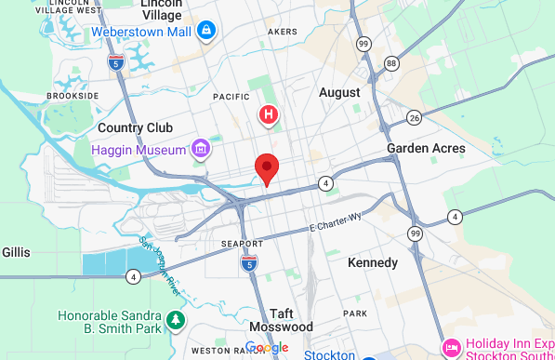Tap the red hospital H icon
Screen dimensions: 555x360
[x=269, y=115]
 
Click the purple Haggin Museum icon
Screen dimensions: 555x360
[x=199, y=148]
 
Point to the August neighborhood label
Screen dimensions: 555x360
[x=339, y=92]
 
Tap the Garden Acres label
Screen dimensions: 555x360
[x=426, y=148]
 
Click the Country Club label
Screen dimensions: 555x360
[x=132, y=127]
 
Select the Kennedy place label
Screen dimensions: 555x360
[x=372, y=263]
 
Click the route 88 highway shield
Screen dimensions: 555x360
[x=391, y=63]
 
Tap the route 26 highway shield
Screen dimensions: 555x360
[x=414, y=117]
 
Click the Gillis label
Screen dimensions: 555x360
[x=16, y=252]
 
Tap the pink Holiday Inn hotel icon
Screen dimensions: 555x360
[x=451, y=346]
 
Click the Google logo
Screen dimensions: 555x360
[x=267, y=348]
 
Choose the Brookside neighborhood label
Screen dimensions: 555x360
[x=73, y=96]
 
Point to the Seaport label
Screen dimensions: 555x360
[x=244, y=244]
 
